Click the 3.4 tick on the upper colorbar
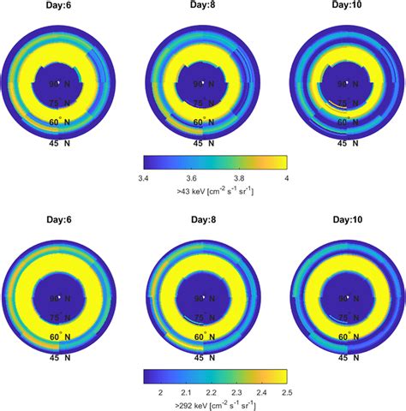pyautogui.click(x=145, y=177)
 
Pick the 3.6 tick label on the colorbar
pyautogui.click(x=193, y=177)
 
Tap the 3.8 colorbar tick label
pyautogui.click(x=240, y=177)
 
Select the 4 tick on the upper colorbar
pyautogui.click(x=285, y=177)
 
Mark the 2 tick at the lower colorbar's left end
pyautogui.click(x=161, y=390)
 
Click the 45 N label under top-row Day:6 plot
pyautogui.click(x=59, y=143)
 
